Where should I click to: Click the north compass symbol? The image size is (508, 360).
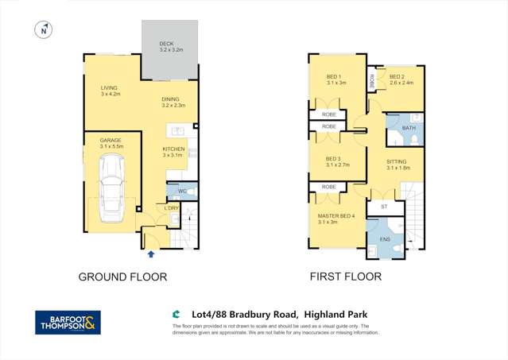44,30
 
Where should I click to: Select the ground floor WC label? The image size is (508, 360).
181,192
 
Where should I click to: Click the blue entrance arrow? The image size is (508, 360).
151,254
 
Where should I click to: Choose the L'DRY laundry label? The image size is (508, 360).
171,209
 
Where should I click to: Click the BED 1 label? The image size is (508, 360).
333,79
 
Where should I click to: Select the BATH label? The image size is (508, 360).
409,127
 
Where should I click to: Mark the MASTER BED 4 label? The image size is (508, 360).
333,219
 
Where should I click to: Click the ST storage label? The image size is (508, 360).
383,207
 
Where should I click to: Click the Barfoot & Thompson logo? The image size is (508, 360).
68,322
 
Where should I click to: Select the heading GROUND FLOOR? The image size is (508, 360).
122,277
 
